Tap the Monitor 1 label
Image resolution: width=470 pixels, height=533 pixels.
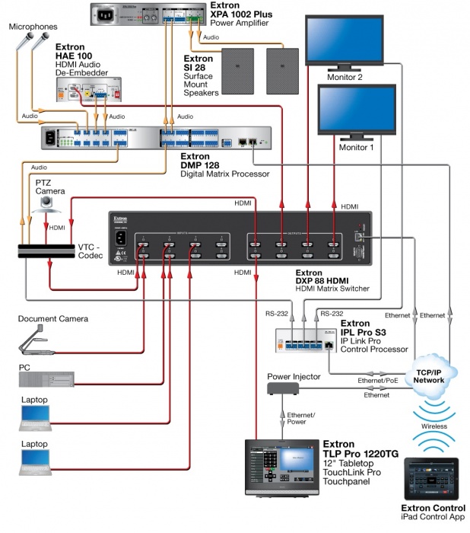click(356, 148)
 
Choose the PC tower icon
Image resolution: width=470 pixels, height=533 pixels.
click(46, 379)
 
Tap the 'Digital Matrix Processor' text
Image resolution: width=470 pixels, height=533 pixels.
click(224, 174)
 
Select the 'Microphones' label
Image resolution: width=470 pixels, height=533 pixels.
click(33, 27)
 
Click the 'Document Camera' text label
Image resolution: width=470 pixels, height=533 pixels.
click(53, 318)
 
